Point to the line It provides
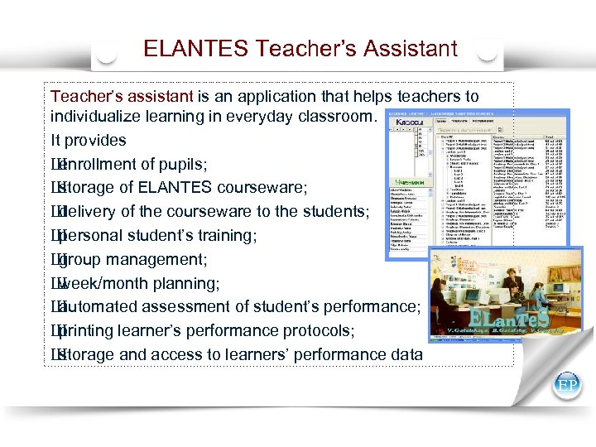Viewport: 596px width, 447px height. pyautogui.click(x=89, y=141)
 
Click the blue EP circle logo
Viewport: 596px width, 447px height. pyautogui.click(x=567, y=386)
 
